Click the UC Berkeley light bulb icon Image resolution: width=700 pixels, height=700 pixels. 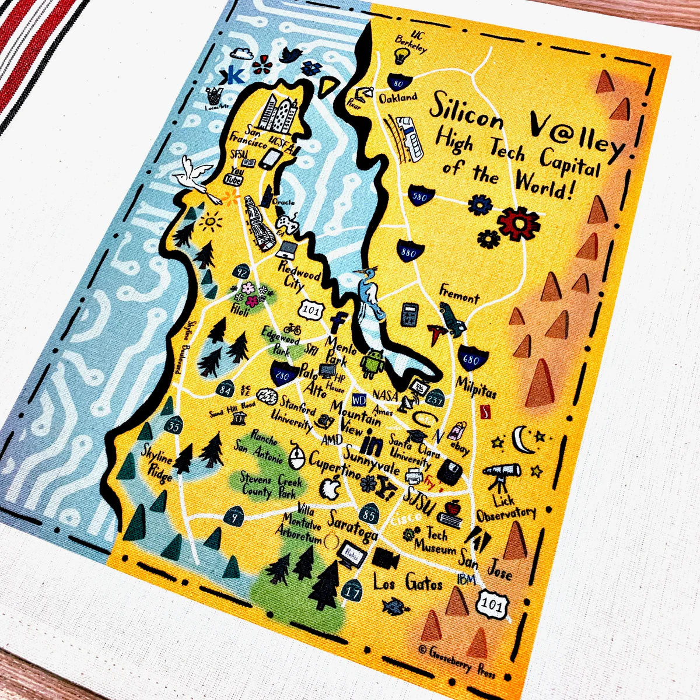point(401,55)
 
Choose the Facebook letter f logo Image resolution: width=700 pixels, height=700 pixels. point(337,323)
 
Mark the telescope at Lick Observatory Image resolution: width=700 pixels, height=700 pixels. point(501,474)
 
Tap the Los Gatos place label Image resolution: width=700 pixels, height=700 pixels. point(408,582)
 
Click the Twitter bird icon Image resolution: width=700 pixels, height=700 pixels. point(290,54)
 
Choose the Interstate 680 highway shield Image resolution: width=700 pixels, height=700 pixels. point(470,359)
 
